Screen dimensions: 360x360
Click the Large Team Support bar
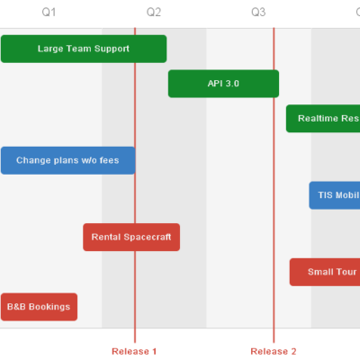point(83,49)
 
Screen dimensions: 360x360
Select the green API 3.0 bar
point(223,84)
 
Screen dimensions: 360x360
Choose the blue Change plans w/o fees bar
point(67,160)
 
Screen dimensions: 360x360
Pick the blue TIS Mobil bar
point(335,195)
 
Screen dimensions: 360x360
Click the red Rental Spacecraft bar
point(131,238)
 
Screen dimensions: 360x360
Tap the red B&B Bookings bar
point(39,307)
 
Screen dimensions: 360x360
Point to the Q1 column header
point(49,13)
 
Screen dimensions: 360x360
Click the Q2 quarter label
point(154,13)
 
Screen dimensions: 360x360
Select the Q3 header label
point(258,13)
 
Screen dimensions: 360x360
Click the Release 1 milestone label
point(134,350)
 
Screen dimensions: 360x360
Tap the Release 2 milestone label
point(273,350)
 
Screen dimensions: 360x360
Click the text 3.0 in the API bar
point(232,84)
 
